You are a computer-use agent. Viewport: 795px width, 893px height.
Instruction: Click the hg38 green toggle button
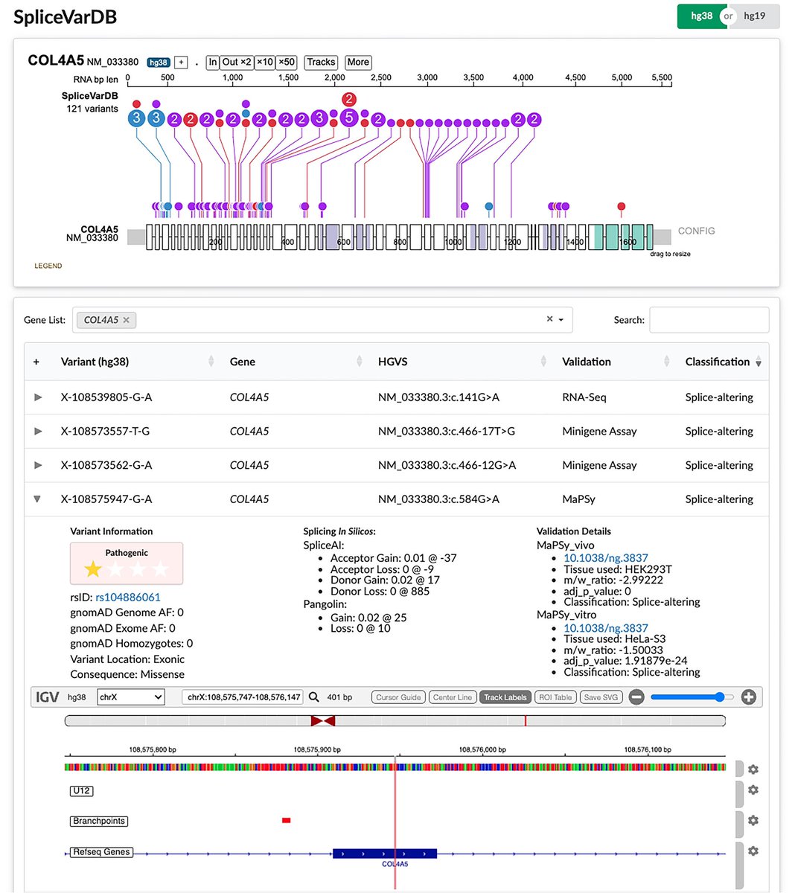point(700,16)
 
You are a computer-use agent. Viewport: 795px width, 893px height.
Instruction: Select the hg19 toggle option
point(755,16)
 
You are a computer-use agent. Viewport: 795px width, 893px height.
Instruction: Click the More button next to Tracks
point(358,63)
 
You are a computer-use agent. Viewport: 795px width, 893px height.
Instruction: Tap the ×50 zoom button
point(287,63)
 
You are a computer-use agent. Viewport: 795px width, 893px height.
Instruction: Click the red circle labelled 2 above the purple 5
point(348,100)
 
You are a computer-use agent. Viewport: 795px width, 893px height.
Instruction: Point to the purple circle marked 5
point(348,117)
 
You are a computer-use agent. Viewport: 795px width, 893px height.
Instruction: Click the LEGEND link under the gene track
point(48,266)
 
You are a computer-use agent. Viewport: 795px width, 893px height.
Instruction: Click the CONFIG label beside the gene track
point(696,231)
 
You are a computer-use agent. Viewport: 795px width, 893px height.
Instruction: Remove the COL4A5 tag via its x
point(127,320)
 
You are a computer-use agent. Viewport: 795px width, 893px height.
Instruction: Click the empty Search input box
point(709,320)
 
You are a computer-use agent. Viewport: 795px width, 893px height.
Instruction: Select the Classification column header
point(717,362)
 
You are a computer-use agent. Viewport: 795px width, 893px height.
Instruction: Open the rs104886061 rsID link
point(128,597)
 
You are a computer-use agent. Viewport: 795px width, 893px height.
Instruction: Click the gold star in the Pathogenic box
point(93,570)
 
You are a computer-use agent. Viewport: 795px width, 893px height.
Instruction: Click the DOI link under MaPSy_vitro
point(605,628)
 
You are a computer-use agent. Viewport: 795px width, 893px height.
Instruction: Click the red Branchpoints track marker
point(287,820)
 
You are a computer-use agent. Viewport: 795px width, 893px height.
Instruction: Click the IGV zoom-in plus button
point(749,697)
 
